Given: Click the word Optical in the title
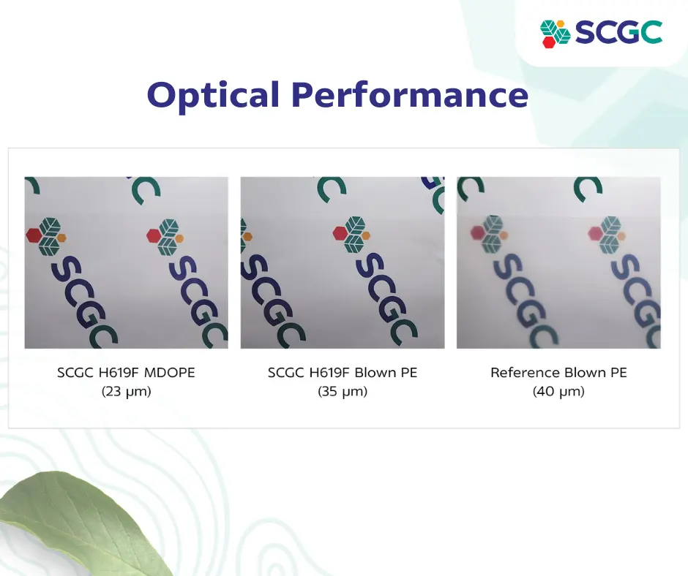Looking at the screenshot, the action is pos(213,95).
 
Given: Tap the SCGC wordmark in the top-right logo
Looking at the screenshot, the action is pos(618,32).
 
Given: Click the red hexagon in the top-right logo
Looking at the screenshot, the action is pos(548,41).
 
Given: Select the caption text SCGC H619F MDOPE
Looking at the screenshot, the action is pos(126,373).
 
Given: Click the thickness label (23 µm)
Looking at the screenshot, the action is pos(126,391).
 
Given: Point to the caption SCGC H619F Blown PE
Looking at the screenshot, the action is pos(343,373).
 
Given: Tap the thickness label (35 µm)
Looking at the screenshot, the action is pos(343,391).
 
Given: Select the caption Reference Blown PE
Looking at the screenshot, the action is pos(558,373).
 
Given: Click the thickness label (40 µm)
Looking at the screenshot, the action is pos(558,391).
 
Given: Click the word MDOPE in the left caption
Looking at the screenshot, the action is pos(169,373).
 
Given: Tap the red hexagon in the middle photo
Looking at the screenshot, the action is pos(340,232).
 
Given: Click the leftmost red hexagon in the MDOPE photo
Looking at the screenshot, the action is pos(34,235).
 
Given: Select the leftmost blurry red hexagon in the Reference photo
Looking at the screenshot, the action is pos(477,232).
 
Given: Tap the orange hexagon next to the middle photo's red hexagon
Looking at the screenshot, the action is pos(366,236).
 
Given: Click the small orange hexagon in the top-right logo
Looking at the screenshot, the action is pos(560,23).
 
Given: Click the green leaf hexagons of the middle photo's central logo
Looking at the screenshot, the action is pos(354,235).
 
